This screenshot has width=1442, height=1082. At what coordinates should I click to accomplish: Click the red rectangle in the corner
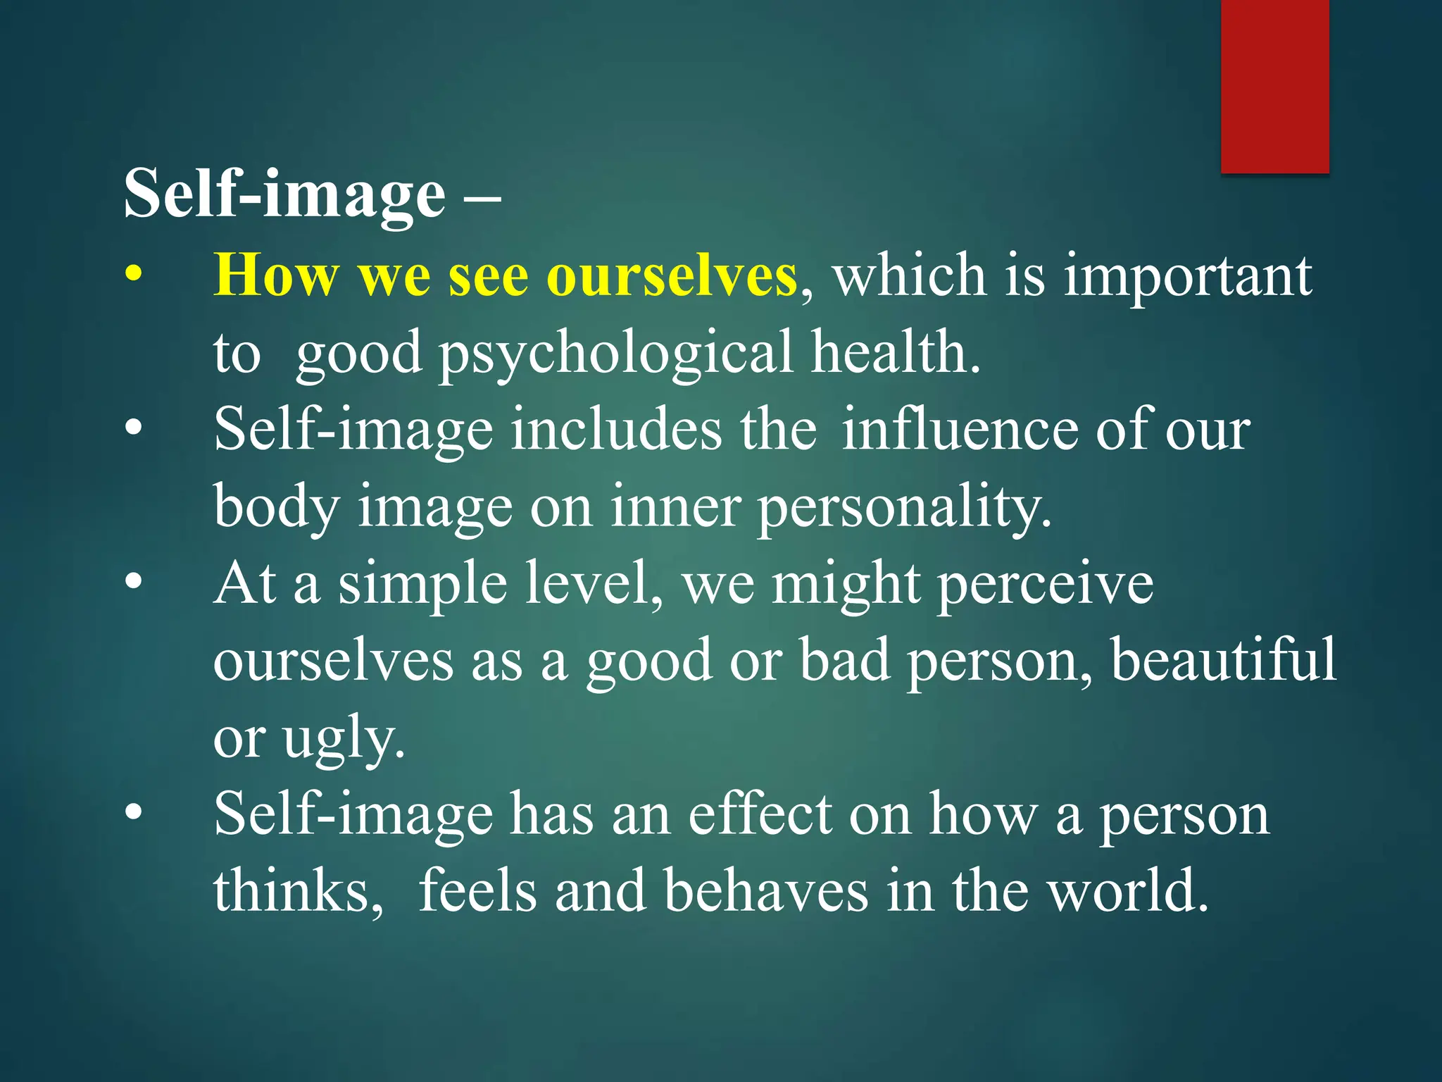pos(1274,86)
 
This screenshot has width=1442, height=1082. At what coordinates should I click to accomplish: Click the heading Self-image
pos(284,194)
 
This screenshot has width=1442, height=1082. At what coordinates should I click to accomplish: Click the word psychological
pos(616,354)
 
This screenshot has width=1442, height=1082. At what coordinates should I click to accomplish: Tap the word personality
pos(904,509)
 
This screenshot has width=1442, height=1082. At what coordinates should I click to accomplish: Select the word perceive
pos(1045,586)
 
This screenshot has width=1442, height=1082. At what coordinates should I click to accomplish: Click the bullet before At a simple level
pos(134,583)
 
